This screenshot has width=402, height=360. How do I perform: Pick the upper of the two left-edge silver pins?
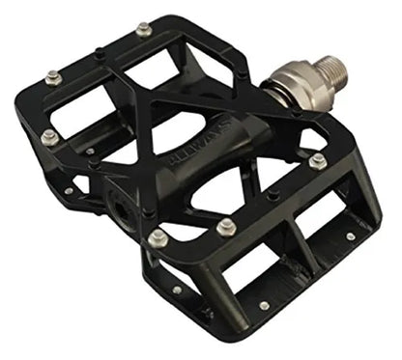click(54, 77)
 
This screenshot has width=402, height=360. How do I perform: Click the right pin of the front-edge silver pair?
click(226, 228)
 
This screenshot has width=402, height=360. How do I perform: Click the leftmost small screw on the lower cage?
click(177, 289)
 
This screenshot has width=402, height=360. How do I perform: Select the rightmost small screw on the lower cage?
click(350, 236)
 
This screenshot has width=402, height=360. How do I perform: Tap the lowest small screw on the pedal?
click(264, 306)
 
